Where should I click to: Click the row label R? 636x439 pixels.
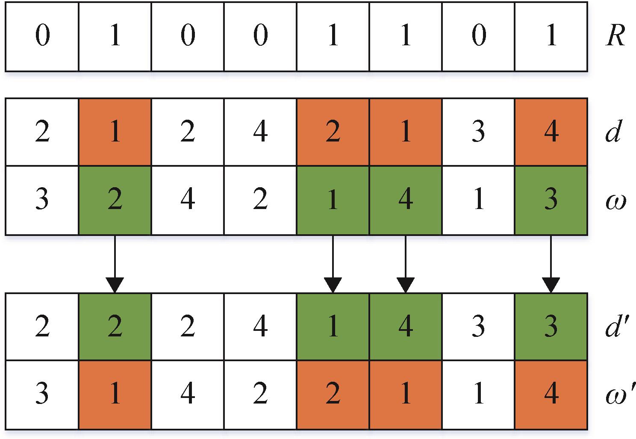[x=615, y=35]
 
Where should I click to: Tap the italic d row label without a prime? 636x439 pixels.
[x=614, y=131]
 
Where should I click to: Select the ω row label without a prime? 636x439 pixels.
[x=616, y=202]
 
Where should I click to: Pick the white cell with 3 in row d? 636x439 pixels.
[x=478, y=132]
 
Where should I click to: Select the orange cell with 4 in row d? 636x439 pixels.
[x=551, y=132]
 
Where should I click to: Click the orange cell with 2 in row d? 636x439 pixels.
[x=333, y=132]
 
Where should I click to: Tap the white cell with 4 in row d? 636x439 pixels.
[x=260, y=132]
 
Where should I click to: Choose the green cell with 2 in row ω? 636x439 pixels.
[x=115, y=200]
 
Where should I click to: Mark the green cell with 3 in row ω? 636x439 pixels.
[x=551, y=200]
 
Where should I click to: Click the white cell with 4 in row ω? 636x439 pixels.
[x=188, y=200]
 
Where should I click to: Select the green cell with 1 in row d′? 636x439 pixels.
[x=333, y=327]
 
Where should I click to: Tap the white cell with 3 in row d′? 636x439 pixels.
[x=478, y=327]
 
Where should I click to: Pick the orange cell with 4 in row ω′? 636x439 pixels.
[x=551, y=395]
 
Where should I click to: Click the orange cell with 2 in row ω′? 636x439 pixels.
[x=333, y=395]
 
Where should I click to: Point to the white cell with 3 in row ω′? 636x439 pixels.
[x=42, y=395]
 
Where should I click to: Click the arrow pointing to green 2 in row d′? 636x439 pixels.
[x=115, y=264]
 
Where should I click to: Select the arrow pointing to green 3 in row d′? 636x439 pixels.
[x=551, y=264]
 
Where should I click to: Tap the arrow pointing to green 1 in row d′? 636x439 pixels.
[x=333, y=264]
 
